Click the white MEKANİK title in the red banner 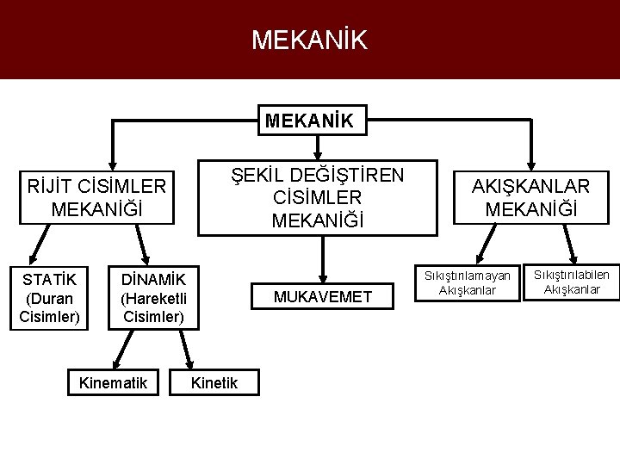click(309, 40)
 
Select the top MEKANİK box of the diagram click(310, 121)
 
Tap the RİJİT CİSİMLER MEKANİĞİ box click(96, 197)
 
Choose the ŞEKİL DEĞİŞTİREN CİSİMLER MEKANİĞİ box click(318, 198)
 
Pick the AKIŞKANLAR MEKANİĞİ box click(530, 198)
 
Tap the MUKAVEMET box click(322, 297)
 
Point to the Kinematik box click(113, 382)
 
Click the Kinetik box click(214, 382)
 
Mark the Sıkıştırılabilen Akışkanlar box click(571, 282)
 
